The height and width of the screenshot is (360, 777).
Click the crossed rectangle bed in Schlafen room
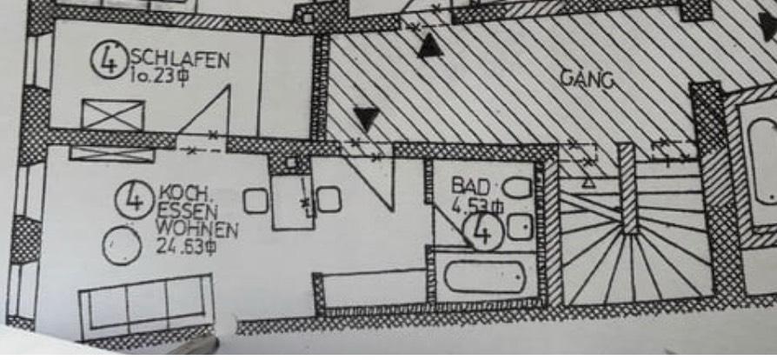pyautogui.click(x=112, y=115)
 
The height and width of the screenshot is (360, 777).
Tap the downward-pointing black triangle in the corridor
pyautogui.click(x=368, y=117)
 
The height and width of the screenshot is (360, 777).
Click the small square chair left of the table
pyautogui.click(x=255, y=202)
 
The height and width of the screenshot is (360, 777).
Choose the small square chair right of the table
pyautogui.click(x=329, y=200)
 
